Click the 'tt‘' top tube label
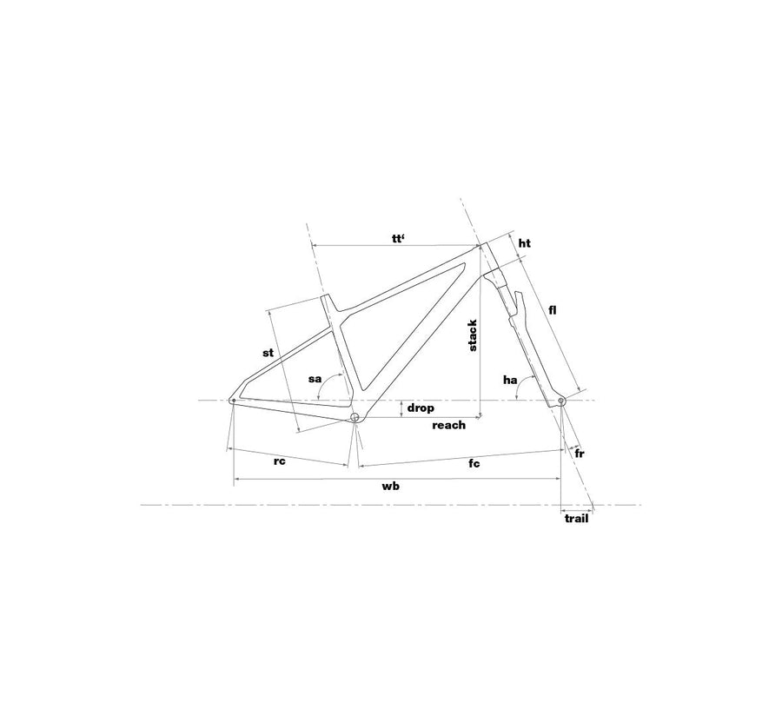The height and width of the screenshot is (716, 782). point(398,238)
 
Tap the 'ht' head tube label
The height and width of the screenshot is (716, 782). point(525,243)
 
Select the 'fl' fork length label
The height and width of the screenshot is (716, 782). point(552,310)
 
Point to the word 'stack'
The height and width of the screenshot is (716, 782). point(473,335)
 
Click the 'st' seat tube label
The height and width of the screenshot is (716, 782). point(268,353)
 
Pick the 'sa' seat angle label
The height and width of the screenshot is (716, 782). point(315,379)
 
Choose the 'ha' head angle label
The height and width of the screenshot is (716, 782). point(510,381)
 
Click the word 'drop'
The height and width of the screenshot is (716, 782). point(421,408)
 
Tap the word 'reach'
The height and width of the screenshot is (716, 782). point(449,425)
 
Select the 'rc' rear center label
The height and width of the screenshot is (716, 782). point(280,461)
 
